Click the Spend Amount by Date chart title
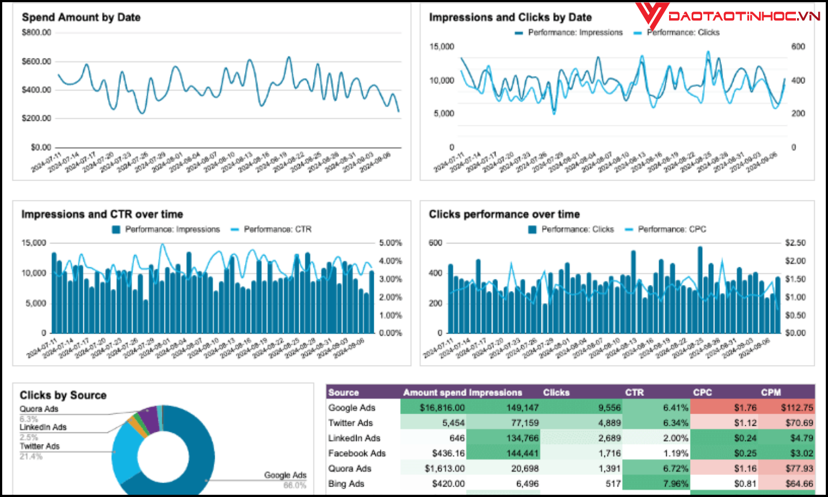pyautogui.click(x=81, y=17)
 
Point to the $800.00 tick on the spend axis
pyautogui.click(x=36, y=33)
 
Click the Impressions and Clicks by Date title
pyautogui.click(x=510, y=17)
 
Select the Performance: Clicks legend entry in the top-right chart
pyautogui.click(x=683, y=33)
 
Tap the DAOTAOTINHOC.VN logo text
pyautogui.click(x=744, y=16)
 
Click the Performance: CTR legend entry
pyautogui.click(x=277, y=229)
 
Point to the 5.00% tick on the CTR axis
pyautogui.click(x=390, y=243)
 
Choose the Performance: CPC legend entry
pyautogui.click(x=672, y=229)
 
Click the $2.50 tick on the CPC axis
pyautogui.click(x=795, y=243)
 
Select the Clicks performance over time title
pyautogui.click(x=504, y=214)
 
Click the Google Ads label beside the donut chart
pyautogui.click(x=285, y=475)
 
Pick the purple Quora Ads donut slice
pyautogui.click(x=149, y=418)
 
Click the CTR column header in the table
pyautogui.click(x=634, y=393)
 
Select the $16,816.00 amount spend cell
pyautogui.click(x=442, y=408)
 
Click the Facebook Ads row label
pyautogui.click(x=357, y=453)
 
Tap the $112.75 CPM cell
pyautogui.click(x=797, y=408)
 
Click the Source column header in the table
pyautogui.click(x=343, y=393)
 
